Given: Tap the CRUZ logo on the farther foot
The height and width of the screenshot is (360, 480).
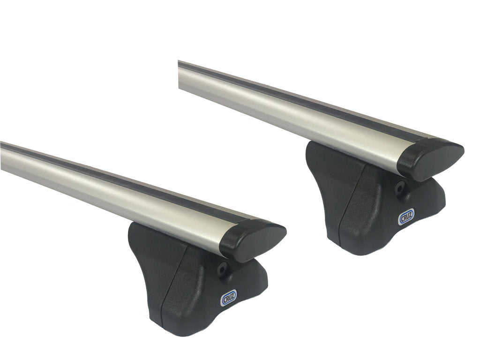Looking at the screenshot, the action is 406,216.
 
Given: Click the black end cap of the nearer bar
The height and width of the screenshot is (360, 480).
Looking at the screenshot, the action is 253,240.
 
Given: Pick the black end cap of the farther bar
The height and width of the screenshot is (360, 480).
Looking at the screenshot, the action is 430,160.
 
